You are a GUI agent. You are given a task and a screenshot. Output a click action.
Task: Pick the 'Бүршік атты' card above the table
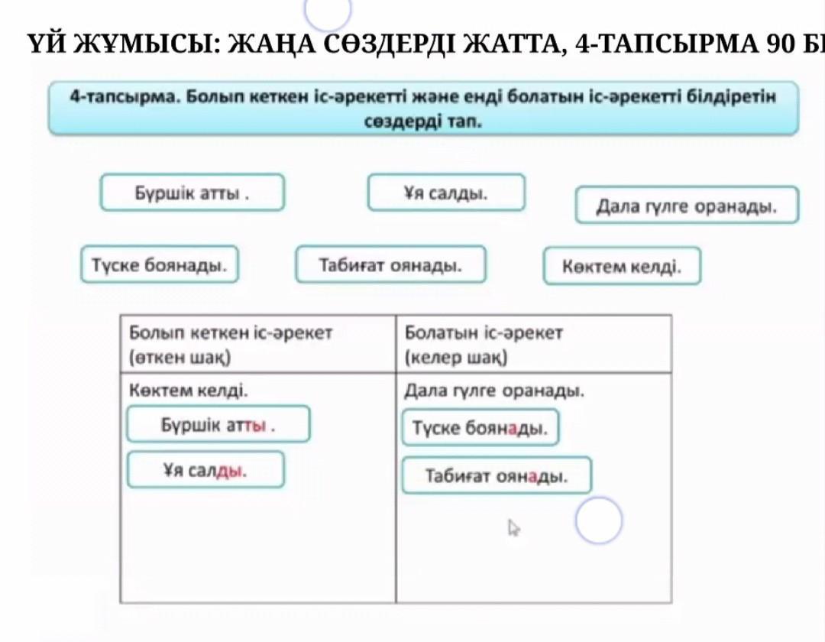click(192, 193)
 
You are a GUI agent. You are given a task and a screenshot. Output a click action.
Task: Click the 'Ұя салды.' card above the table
click(446, 193)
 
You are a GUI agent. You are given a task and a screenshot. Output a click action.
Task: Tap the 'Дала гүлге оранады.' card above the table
click(687, 206)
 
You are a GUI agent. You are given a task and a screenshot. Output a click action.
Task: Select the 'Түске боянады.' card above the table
click(159, 265)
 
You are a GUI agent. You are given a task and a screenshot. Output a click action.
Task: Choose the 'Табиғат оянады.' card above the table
click(390, 265)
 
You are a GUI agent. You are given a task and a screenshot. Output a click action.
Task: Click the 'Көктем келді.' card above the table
click(622, 266)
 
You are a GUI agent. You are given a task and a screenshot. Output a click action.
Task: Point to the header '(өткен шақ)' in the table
click(180, 357)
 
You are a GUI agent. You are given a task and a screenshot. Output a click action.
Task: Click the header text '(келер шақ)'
click(456, 357)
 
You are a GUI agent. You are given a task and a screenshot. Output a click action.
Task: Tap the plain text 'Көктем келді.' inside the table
click(189, 391)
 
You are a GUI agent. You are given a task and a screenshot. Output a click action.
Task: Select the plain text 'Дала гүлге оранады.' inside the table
click(494, 391)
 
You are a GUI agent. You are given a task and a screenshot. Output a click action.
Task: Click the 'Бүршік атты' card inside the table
click(218, 425)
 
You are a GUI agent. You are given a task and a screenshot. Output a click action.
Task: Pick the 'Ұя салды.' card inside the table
click(205, 470)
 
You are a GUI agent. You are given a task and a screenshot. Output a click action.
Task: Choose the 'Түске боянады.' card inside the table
click(480, 428)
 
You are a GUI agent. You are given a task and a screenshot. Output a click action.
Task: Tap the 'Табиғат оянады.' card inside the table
click(497, 476)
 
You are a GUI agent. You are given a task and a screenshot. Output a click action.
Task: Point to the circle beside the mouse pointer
click(599, 520)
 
